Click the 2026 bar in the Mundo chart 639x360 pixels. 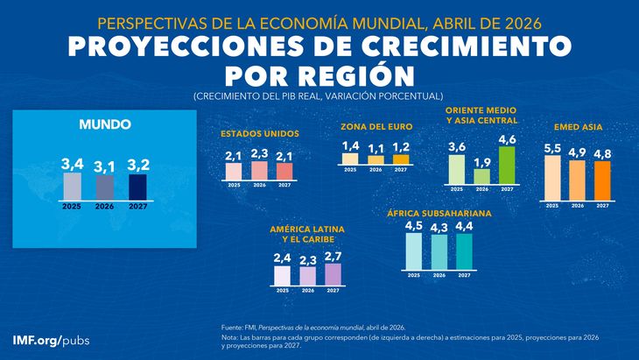click(x=105, y=187)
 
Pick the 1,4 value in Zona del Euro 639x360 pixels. click(x=350, y=145)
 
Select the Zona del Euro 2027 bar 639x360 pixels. click(x=401, y=159)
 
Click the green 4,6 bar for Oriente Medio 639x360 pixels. click(x=507, y=165)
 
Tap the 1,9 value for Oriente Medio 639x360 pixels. click(x=481, y=161)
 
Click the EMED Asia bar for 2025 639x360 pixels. click(x=551, y=176)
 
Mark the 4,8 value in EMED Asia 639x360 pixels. click(x=602, y=153)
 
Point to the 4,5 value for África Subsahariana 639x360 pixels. click(x=414, y=226)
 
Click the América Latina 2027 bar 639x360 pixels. click(x=333, y=275)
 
